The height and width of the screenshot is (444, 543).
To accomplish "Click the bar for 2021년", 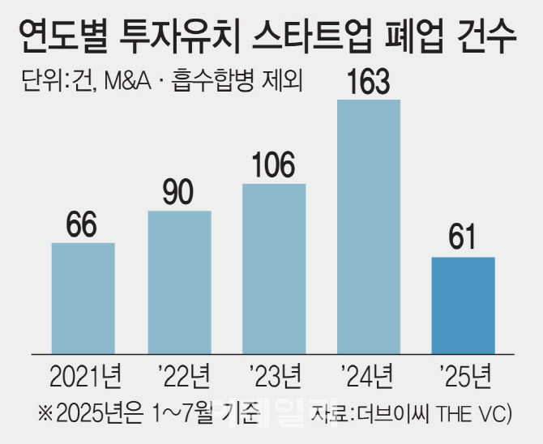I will pyautogui.click(x=83, y=297).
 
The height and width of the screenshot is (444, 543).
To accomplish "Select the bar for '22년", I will pyautogui.click(x=179, y=281).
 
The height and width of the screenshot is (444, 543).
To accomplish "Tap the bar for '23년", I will pyautogui.click(x=274, y=268).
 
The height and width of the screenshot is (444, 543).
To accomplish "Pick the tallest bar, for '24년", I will pyautogui.click(x=369, y=226).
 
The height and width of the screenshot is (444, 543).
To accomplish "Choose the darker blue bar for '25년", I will pyautogui.click(x=463, y=305).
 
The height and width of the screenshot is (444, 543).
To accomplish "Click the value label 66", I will pyautogui.click(x=83, y=224).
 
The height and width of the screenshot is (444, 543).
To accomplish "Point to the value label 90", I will pyautogui.click(x=179, y=192).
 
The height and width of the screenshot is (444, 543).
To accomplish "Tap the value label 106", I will pyautogui.click(x=274, y=165).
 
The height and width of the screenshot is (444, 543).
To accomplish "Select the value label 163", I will pyautogui.click(x=369, y=82).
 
